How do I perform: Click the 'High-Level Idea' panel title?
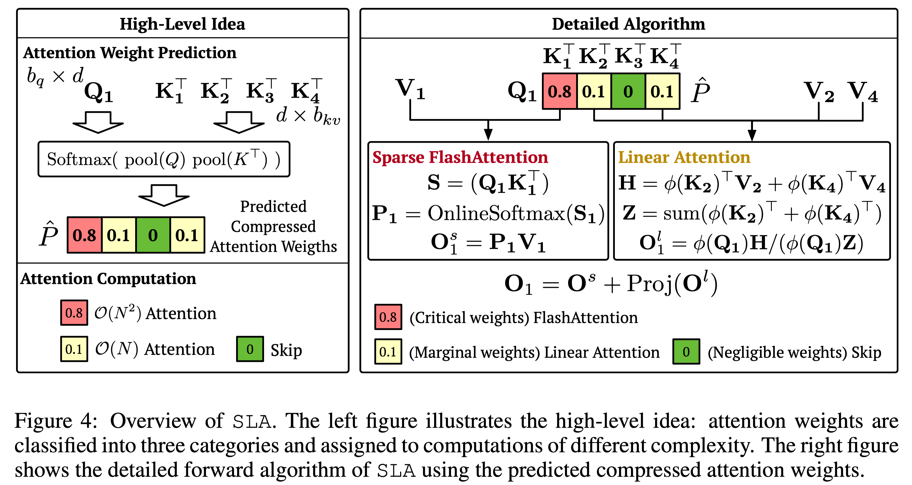(x=182, y=24)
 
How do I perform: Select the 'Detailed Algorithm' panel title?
(x=629, y=24)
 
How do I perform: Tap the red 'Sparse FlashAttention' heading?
(x=460, y=157)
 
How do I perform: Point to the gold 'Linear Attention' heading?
(x=684, y=157)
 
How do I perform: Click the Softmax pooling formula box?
(x=164, y=159)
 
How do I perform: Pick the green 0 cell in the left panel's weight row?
(x=153, y=235)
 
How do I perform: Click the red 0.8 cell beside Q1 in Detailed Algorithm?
(x=560, y=91)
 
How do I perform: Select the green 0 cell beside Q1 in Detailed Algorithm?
(x=628, y=91)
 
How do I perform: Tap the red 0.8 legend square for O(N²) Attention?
(x=74, y=313)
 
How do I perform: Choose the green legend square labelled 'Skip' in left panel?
(x=250, y=349)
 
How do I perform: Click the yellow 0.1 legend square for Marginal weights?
(x=388, y=352)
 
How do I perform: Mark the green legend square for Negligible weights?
(x=686, y=352)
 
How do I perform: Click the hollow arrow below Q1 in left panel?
(x=98, y=122)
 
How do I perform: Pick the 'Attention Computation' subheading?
(x=108, y=279)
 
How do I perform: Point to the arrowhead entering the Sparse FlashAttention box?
(x=488, y=135)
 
